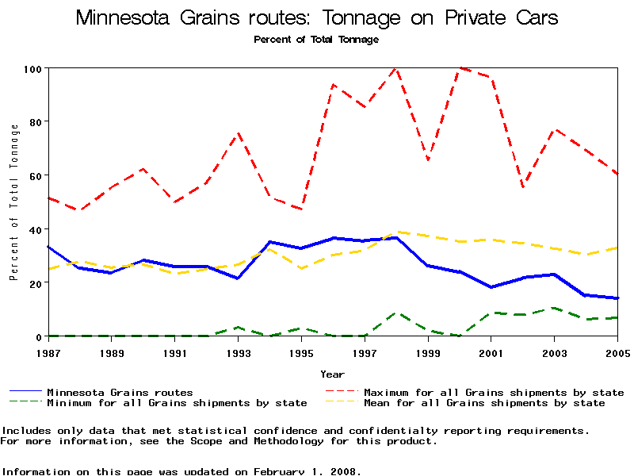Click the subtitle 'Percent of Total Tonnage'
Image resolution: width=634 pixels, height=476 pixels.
316,39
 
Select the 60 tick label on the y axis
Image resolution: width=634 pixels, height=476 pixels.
34,175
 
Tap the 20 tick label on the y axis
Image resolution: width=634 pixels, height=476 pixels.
34,283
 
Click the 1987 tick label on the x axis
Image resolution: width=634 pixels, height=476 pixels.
48,351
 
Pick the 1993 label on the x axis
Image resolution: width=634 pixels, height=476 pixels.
238,351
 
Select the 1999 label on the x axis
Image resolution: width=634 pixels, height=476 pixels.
428,351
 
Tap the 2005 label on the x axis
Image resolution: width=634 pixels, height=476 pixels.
617,351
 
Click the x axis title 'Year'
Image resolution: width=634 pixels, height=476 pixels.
332,374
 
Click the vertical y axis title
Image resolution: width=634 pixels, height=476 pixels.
13,202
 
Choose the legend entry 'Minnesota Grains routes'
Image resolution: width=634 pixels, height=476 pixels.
120,392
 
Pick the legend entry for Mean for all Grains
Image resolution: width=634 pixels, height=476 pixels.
484,403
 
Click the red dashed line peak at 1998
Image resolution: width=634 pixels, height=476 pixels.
395,68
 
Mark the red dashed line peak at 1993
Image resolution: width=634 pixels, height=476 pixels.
238,133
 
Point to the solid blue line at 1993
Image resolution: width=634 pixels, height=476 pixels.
238,278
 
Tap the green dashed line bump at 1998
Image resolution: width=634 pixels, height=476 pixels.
395,313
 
